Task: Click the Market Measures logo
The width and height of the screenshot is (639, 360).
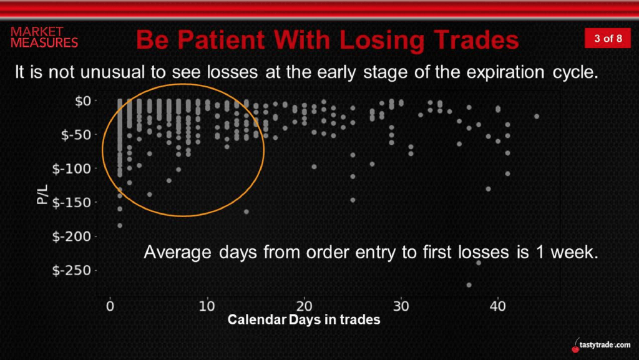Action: [44, 37]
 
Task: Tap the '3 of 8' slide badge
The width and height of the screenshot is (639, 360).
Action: [608, 38]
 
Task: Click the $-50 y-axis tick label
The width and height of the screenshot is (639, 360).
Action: [78, 135]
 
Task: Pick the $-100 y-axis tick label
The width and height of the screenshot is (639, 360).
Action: [74, 168]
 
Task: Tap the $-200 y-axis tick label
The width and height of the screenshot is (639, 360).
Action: [74, 236]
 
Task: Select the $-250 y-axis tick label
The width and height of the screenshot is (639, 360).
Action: [74, 270]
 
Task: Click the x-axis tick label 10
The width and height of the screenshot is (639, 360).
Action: [207, 306]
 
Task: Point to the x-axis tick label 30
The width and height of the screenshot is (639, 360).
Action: [401, 306]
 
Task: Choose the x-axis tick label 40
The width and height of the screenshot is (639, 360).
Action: [497, 306]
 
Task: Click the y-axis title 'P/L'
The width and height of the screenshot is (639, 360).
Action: [42, 195]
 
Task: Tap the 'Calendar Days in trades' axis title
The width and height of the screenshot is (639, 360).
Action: [304, 319]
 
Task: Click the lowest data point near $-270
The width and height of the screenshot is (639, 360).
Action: [469, 285]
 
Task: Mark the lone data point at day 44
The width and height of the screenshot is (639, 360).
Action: [537, 117]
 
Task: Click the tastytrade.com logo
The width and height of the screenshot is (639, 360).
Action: [601, 344]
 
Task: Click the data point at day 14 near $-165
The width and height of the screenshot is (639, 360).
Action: [246, 212]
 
